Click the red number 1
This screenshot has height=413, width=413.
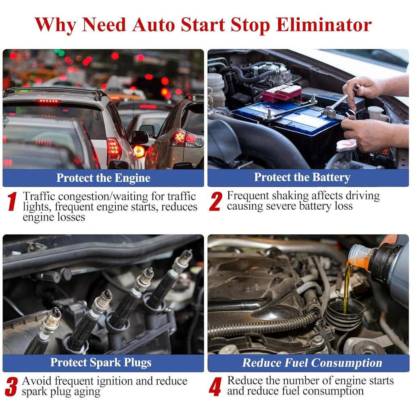click(x=12, y=202)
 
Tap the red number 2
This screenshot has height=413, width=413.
click(x=215, y=201)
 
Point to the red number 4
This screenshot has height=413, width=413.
click(x=215, y=387)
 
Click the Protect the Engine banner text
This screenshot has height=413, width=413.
click(x=103, y=178)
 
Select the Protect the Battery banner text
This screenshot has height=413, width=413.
click(x=302, y=177)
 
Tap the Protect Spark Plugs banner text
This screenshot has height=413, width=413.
click(x=100, y=363)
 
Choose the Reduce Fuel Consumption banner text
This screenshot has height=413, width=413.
click(x=312, y=363)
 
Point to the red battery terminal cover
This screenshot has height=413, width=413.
click(x=282, y=93)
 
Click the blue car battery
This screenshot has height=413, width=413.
click(x=282, y=121)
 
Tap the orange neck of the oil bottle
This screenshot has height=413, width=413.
click(x=359, y=256)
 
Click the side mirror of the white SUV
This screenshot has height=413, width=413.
click(x=140, y=137)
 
